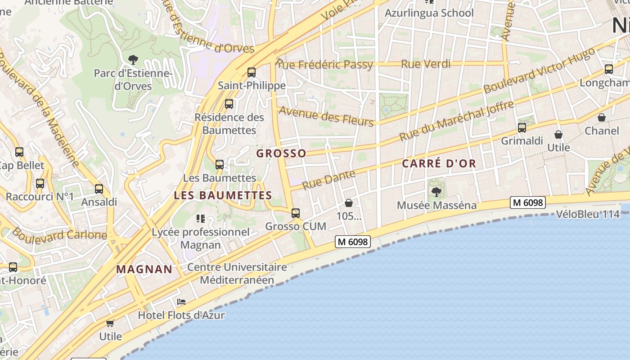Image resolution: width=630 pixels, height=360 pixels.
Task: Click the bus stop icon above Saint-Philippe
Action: tap(252, 72)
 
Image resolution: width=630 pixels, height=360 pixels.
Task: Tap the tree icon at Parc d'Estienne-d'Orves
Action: tap(133, 59)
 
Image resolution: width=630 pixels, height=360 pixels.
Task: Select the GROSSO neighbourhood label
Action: tap(281, 153)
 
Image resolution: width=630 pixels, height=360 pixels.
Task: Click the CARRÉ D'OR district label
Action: tap(439, 163)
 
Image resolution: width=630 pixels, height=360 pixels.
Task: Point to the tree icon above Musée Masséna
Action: tap(436, 193)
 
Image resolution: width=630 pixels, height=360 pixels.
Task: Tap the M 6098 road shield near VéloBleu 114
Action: tap(527, 202)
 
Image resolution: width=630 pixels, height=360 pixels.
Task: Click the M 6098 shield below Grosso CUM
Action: tap(353, 242)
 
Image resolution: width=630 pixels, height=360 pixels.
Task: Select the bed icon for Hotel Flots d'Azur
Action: tap(181, 302)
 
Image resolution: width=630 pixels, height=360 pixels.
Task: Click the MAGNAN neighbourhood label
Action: tap(144, 269)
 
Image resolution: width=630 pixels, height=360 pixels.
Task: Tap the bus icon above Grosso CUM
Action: tap(296, 213)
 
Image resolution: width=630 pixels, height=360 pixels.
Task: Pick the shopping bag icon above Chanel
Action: tap(602, 117)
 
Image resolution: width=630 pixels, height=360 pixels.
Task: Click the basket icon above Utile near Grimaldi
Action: tap(558, 135)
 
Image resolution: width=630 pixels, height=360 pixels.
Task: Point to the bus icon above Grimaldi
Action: tap(522, 128)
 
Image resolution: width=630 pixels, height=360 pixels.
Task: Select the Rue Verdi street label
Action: tap(425, 64)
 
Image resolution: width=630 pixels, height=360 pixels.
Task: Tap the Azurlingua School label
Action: tap(429, 13)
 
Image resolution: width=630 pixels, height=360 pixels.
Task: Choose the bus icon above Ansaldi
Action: tap(99, 189)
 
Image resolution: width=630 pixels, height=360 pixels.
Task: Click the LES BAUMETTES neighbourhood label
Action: tap(223, 195)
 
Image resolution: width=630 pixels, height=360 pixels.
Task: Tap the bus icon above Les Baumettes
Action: tap(220, 165)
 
